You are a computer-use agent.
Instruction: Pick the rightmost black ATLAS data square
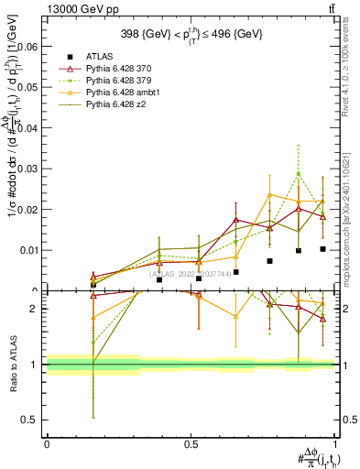322,249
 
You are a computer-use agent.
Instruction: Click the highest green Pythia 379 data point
298,173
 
